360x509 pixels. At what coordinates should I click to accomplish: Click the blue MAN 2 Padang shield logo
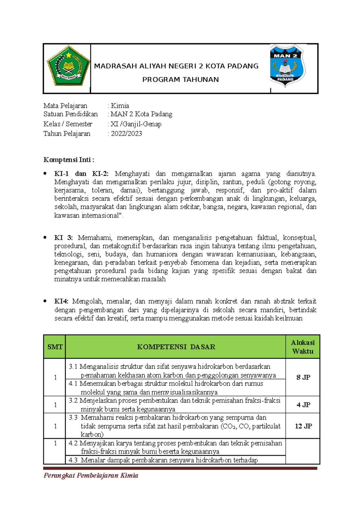[x=287, y=66]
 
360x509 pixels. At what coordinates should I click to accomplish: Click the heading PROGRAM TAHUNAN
[x=180, y=80]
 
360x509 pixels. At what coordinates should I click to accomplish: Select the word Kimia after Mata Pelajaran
[x=120, y=106]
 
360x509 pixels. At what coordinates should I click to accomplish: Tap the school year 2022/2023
[x=126, y=134]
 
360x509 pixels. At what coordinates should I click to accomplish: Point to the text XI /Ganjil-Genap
[x=136, y=124]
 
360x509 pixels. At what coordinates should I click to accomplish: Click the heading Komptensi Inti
[x=69, y=160]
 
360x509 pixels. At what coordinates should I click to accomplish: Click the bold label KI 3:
[x=63, y=238]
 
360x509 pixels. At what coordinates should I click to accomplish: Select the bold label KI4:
[x=61, y=302]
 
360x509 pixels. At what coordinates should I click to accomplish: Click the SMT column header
[x=55, y=347]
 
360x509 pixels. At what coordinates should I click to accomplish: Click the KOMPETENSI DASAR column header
[x=176, y=347]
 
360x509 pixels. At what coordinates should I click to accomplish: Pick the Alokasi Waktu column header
[x=303, y=347]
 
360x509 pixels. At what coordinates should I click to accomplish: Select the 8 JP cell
[x=303, y=378]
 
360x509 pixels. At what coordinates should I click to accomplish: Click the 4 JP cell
[x=303, y=405]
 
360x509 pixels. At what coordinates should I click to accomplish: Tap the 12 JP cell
[x=303, y=426]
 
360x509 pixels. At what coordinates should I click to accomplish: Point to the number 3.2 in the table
[x=73, y=401]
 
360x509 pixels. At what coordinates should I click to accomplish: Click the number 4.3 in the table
[x=73, y=460]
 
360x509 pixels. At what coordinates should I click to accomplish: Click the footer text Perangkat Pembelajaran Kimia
[x=91, y=475]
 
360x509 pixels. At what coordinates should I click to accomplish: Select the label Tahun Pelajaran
[x=67, y=134]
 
